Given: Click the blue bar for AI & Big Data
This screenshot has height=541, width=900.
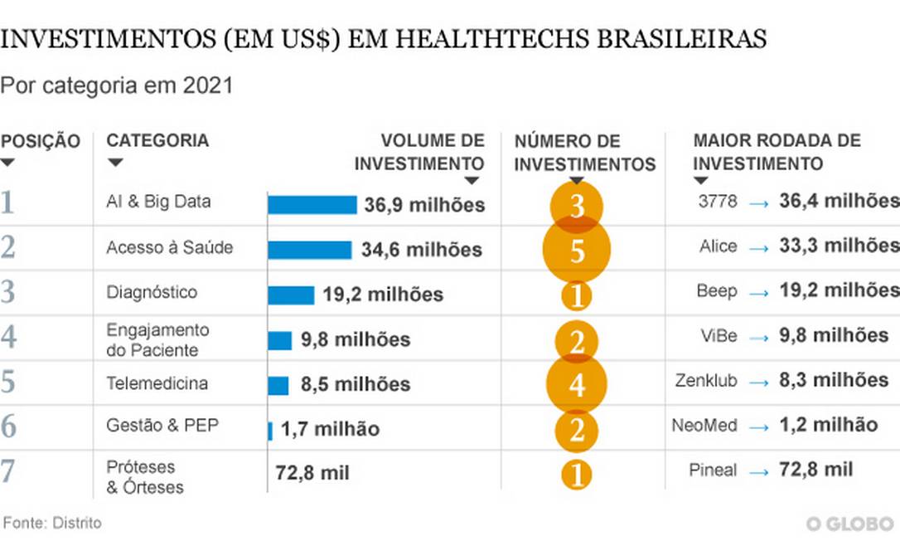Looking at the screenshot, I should coord(312,204).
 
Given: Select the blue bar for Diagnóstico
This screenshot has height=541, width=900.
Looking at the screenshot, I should coord(291,295).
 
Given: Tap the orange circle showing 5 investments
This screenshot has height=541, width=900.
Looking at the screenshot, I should coord(577,250).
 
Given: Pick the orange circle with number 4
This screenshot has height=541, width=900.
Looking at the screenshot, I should coord(577,384).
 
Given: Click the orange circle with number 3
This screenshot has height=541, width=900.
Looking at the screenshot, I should coord(577,205).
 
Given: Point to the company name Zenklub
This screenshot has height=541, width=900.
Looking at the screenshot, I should coord(706,382).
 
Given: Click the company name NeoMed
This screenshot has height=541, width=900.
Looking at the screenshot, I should coord(704,426).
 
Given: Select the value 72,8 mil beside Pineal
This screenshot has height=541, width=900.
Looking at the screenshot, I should coord(816,470).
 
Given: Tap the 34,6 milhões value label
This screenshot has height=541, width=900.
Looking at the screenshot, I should coord(421,249).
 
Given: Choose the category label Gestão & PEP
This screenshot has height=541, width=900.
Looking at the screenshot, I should coord(162,426).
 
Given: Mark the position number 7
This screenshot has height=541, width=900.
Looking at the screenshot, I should coord(8,470).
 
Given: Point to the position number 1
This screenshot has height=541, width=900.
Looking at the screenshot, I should coord(8,202).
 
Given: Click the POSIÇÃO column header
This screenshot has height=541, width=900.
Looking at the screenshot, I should coord(41,142).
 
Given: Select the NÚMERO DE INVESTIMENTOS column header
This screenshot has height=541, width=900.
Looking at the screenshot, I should coord(585,153).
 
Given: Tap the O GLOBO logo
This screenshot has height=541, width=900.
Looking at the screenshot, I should coord(851,524).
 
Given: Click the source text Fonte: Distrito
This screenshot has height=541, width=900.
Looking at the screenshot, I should coord(53,523).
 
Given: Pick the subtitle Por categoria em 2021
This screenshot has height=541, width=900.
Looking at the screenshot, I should coord(117,85).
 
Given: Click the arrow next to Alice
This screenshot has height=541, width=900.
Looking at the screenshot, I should coord(759,248).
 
